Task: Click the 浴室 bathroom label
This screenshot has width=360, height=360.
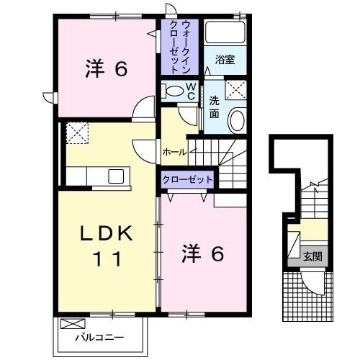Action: coord(225,60)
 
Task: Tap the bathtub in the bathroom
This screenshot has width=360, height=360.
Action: coord(225,33)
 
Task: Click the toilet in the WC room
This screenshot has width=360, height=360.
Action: coord(173,92)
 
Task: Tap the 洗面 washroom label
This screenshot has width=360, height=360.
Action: coord(214,107)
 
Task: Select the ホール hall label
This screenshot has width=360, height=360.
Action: coord(174,153)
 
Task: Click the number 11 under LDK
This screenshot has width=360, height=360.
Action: coord(106,258)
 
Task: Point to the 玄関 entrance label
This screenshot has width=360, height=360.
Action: coord(312,256)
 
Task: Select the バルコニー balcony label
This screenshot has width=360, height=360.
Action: coord(100,337)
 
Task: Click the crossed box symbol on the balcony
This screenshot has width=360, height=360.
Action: coord(72,323)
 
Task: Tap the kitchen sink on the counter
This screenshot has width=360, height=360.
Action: coord(116,176)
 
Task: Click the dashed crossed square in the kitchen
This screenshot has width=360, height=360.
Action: coord(76,133)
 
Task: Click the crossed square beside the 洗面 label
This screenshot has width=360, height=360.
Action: coord(235,90)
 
